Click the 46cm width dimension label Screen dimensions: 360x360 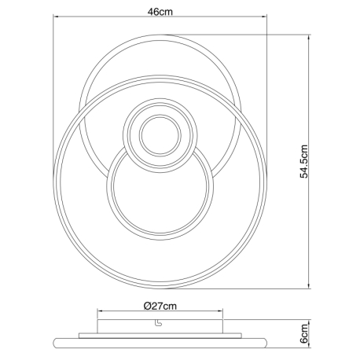pyautogui.click(x=160, y=12)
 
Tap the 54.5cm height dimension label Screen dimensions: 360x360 pyautogui.click(x=304, y=161)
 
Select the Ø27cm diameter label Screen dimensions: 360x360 pyautogui.click(x=160, y=306)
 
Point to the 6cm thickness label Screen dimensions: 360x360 pyautogui.click(x=304, y=334)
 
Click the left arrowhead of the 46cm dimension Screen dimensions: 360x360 pyautogui.click(x=56, y=17)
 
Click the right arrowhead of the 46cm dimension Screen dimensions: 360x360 pyautogui.click(x=264, y=17)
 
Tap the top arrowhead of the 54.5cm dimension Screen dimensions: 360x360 pyautogui.click(x=309, y=37)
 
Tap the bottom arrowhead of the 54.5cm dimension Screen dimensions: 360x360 pyautogui.click(x=309, y=286)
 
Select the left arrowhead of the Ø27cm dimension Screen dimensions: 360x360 pyautogui.click(x=100, y=311)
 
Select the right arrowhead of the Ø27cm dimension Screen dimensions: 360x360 pyautogui.click(x=220, y=311)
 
